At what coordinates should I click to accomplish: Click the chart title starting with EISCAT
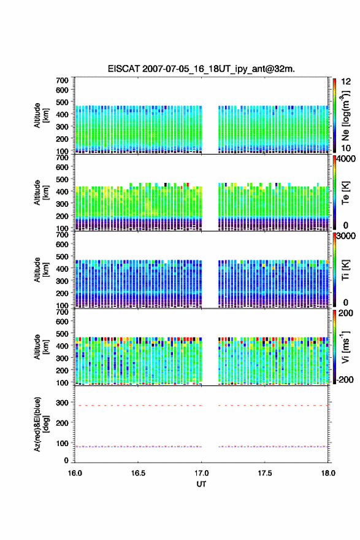(201, 69)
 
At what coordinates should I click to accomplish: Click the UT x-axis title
(201, 484)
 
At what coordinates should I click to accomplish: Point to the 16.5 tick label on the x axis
(138, 473)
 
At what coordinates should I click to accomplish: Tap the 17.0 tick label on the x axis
(201, 473)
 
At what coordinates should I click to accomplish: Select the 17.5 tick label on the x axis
(265, 473)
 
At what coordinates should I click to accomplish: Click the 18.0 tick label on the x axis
(328, 473)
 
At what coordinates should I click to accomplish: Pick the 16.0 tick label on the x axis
(75, 473)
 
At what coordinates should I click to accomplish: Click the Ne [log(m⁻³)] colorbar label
(345, 115)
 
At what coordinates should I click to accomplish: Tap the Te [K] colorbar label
(345, 193)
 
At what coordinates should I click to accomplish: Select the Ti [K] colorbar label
(345, 270)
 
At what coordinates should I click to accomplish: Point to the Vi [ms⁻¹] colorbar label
(345, 347)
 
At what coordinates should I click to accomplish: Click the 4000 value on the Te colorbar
(345, 159)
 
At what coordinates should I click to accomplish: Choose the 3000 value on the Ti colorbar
(345, 236)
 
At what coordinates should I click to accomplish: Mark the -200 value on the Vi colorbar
(345, 379)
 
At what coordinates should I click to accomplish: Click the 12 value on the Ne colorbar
(346, 82)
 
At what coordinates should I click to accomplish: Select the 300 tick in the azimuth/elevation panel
(62, 403)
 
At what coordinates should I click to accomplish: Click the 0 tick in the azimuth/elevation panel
(66, 460)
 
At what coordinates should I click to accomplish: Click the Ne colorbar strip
(334, 115)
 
